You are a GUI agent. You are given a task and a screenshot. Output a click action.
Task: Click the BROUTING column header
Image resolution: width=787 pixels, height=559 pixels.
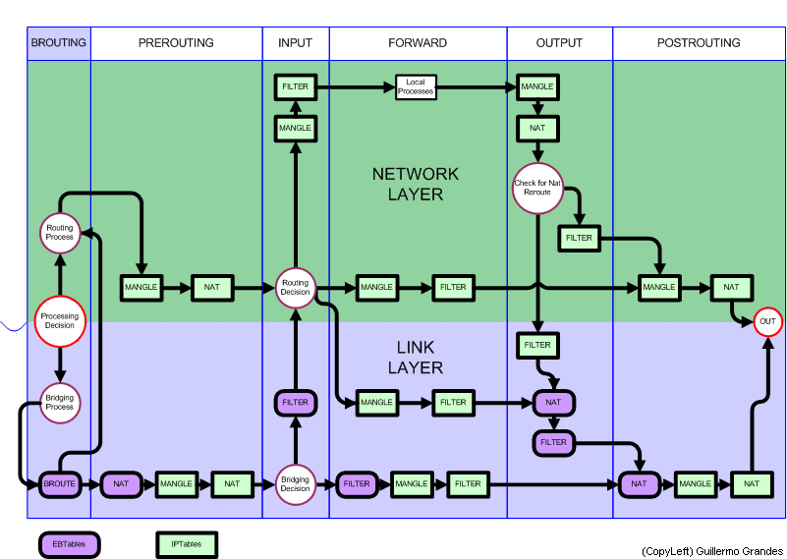[x=59, y=43]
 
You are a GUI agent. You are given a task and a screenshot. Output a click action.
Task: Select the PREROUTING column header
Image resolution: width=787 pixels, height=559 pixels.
[x=176, y=43]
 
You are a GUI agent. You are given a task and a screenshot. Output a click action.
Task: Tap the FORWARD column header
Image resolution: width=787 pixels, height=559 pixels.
[x=418, y=43]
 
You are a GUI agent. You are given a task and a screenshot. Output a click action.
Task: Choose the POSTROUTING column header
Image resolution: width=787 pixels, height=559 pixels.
[x=699, y=43]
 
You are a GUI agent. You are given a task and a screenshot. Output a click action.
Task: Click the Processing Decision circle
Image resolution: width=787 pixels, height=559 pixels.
[x=60, y=321]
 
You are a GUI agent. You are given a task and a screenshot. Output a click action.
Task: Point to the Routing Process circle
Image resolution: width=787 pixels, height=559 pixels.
[x=60, y=233]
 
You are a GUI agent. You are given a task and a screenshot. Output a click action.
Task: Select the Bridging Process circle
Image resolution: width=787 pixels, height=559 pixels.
[x=60, y=402]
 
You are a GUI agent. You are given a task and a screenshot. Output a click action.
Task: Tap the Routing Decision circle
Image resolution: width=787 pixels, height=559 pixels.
[x=295, y=288]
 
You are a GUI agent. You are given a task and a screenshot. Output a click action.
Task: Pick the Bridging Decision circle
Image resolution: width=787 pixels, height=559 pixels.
[x=295, y=483]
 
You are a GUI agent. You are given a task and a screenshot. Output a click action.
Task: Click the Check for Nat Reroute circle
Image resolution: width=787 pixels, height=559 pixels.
[x=537, y=187]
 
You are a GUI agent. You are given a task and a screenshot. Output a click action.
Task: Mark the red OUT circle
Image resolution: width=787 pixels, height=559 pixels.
[x=767, y=322]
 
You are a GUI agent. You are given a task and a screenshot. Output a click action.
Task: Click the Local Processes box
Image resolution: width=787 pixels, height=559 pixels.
[x=416, y=87]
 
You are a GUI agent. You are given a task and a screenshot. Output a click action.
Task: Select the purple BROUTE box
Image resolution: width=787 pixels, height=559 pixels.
[x=59, y=484]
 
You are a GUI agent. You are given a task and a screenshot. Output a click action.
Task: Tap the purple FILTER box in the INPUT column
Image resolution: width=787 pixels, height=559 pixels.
[x=295, y=403]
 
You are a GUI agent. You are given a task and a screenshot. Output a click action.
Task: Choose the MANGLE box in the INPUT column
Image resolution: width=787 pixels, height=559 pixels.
[x=295, y=129]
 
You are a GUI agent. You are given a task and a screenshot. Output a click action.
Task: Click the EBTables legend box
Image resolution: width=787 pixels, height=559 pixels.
[x=70, y=543]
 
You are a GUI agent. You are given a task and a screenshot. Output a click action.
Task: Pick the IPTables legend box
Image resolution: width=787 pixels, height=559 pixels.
[x=187, y=543]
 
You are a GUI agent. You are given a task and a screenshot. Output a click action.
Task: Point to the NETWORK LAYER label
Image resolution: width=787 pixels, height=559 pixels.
[x=416, y=184]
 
